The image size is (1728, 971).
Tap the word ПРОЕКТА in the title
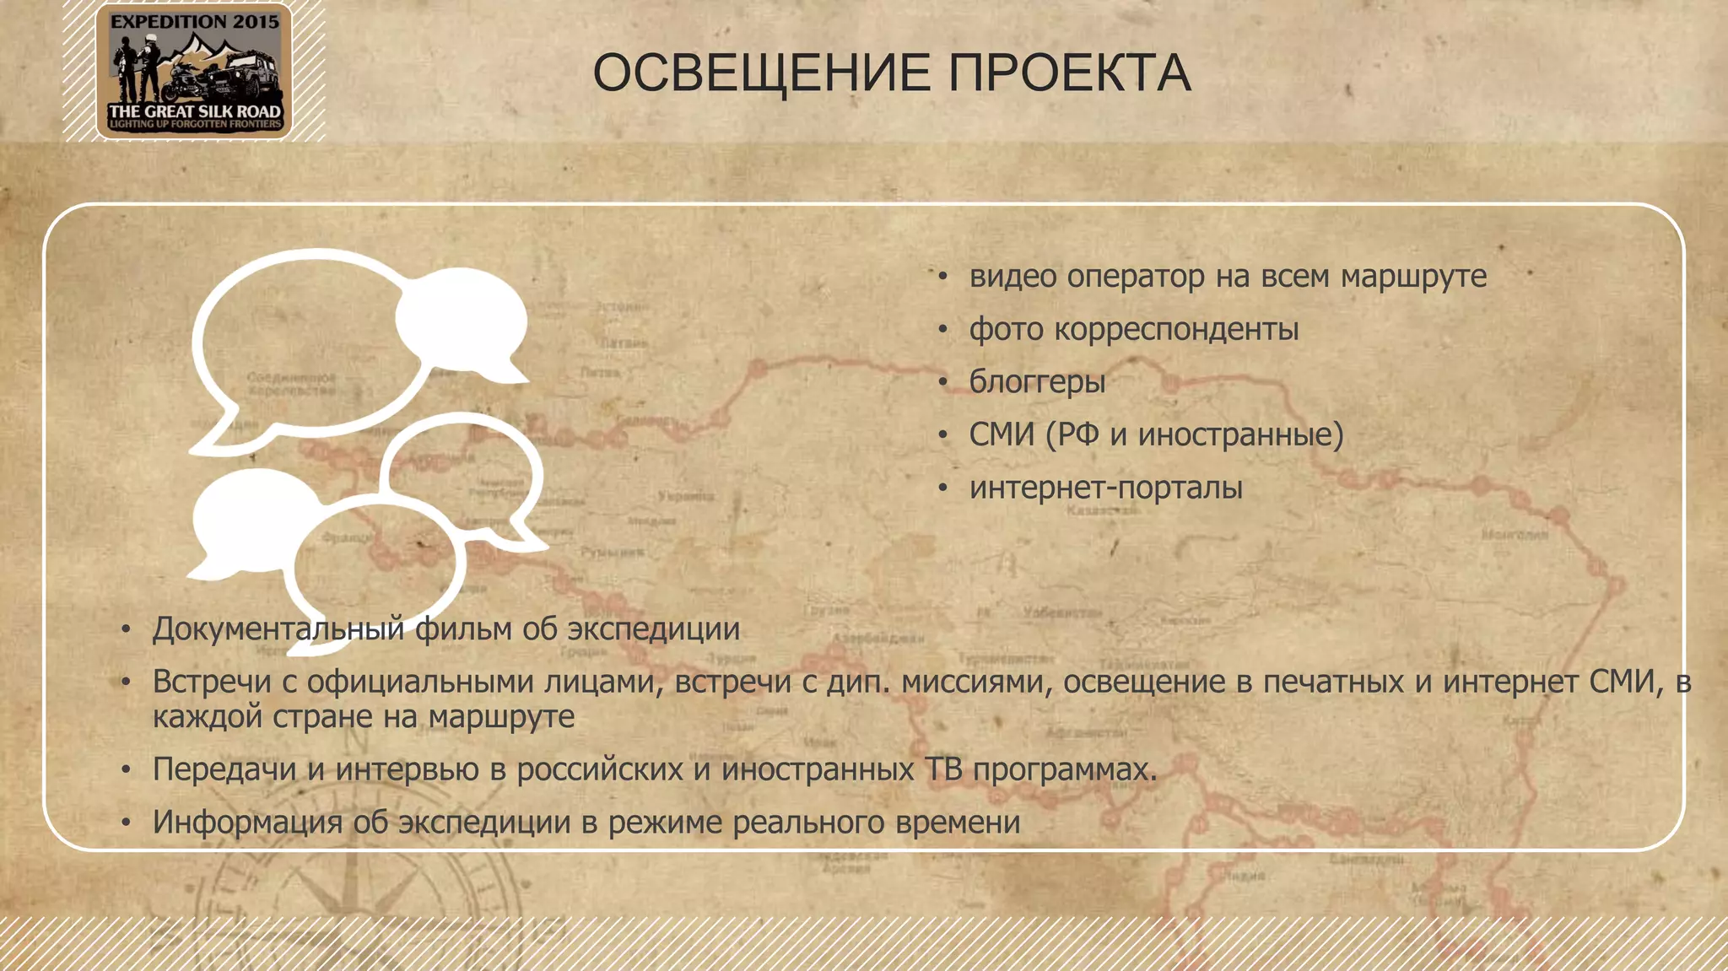[1069, 73]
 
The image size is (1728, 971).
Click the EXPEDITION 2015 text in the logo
[194, 23]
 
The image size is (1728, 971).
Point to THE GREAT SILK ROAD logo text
[194, 111]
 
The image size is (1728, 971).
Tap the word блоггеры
[1037, 382]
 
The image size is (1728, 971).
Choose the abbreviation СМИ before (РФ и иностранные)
[1002, 434]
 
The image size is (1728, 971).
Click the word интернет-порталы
[1105, 488]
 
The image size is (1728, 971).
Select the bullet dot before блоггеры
[943, 383]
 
